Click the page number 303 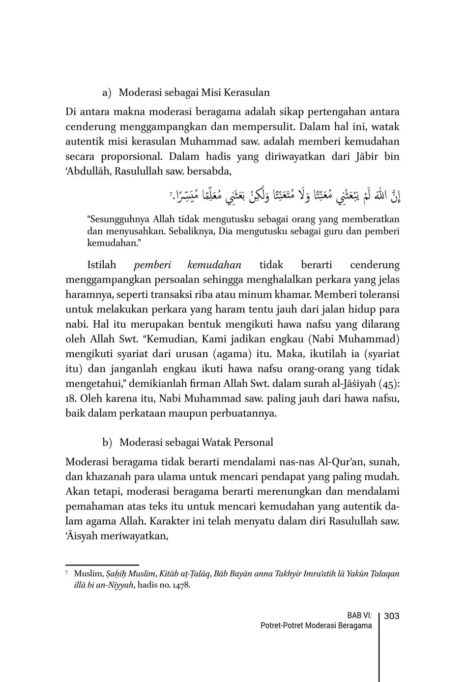point(391,616)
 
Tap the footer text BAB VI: point(359,616)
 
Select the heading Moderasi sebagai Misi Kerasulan point(194,92)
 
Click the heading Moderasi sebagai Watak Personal point(196,442)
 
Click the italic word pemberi point(152,265)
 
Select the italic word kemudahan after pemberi point(214,265)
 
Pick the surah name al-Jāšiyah point(350,384)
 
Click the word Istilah point(101,265)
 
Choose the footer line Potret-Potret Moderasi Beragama point(316,625)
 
